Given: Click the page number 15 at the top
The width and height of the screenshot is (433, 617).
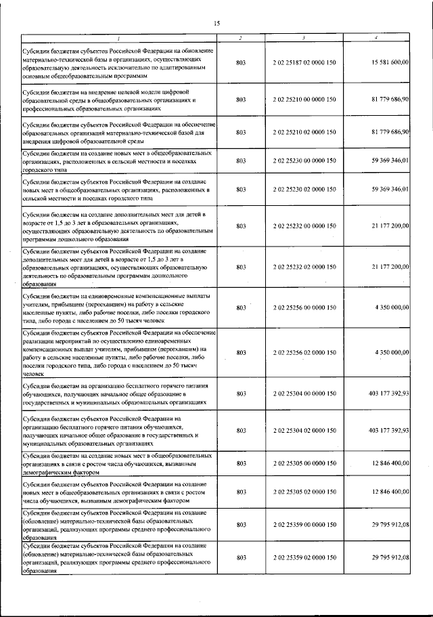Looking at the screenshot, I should tap(217, 24).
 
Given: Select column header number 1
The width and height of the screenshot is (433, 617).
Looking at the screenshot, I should tap(118, 37).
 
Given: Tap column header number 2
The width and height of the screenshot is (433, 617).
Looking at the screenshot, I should tap(241, 37).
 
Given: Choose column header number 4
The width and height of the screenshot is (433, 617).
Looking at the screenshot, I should tap(376, 37).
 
